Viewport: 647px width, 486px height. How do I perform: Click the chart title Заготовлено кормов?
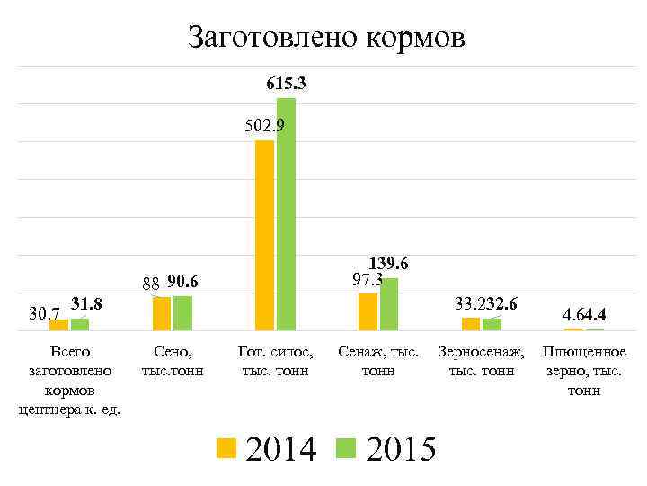pyautogui.click(x=326, y=37)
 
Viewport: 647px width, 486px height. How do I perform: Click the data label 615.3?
pyautogui.click(x=287, y=84)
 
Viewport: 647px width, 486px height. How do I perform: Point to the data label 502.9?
pyautogui.click(x=265, y=126)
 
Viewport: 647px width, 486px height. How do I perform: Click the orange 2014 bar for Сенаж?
pyautogui.click(x=368, y=311)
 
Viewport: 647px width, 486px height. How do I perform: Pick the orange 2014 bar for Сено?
pyautogui.click(x=161, y=313)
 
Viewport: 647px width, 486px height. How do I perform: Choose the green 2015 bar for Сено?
pyautogui.click(x=182, y=313)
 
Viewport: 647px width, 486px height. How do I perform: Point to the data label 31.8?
pyautogui.click(x=86, y=304)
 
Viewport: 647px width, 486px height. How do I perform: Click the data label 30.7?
pyautogui.click(x=45, y=314)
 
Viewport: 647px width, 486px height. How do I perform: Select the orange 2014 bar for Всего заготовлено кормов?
pyautogui.click(x=58, y=325)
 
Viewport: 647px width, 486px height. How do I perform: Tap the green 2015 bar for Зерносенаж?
pyautogui.click(x=492, y=324)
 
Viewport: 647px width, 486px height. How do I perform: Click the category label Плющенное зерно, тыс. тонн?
pyautogui.click(x=585, y=371)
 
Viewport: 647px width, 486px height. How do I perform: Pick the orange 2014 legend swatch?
pyautogui.click(x=226, y=446)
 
